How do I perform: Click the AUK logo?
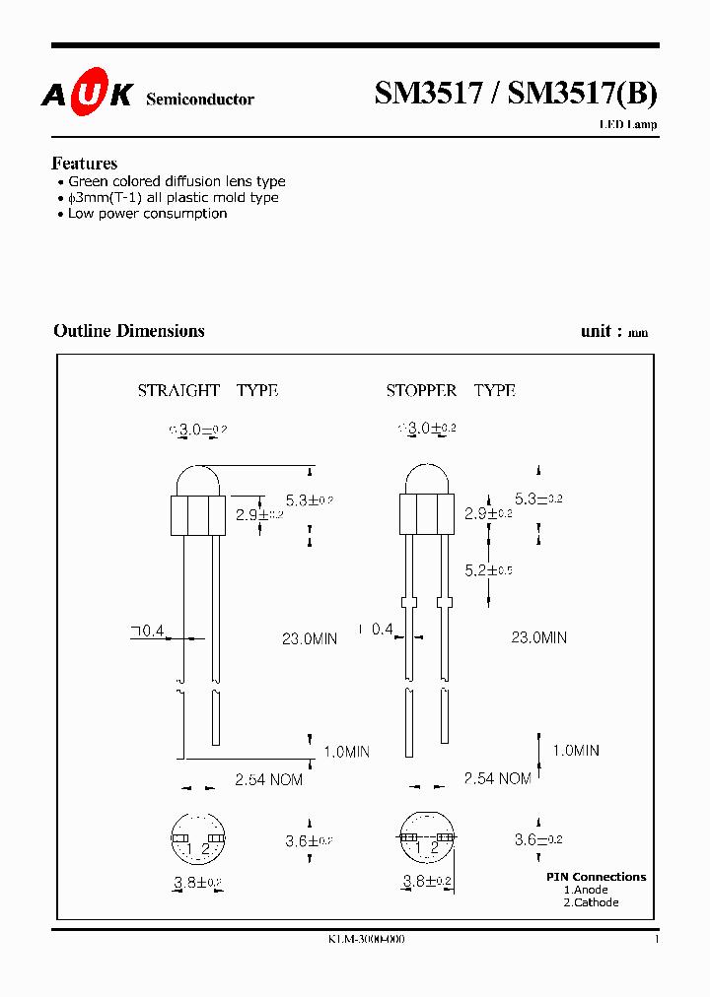point(86,95)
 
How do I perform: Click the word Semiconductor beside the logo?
point(200,99)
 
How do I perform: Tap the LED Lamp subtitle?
point(628,125)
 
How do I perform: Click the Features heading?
point(84,164)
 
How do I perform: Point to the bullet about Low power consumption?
point(147,214)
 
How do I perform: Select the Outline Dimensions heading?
point(129,331)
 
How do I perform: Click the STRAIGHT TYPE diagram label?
point(207,390)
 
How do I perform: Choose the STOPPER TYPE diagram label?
point(451,390)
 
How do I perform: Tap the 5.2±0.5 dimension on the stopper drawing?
point(488,570)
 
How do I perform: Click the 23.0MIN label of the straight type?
point(310,638)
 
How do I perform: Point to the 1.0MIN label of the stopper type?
point(576,750)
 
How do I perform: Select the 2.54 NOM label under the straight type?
point(268,779)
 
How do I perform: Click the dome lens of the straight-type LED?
point(198,483)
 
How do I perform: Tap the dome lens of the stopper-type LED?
point(426,482)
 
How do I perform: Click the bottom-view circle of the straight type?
point(198,839)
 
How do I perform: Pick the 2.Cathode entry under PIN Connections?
point(591,902)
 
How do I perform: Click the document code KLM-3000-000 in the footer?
point(366,939)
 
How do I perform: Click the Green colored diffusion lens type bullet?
point(177,181)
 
